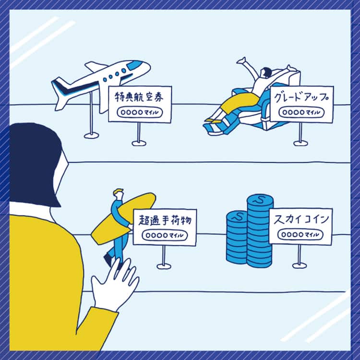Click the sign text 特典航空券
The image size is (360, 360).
(x=139, y=97)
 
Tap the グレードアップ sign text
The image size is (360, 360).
(x=301, y=97)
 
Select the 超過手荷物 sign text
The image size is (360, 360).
(x=165, y=220)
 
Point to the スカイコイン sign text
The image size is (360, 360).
(x=301, y=219)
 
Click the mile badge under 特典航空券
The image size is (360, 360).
(x=140, y=112)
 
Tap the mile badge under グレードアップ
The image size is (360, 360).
(x=301, y=112)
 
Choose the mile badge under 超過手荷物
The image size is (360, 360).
(x=165, y=236)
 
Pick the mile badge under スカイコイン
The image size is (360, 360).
(x=300, y=235)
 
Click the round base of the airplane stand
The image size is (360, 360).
(x=91, y=135)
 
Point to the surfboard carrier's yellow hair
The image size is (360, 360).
(x=119, y=191)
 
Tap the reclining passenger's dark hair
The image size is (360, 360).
(x=267, y=72)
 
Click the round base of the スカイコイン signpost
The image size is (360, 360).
(x=300, y=266)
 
